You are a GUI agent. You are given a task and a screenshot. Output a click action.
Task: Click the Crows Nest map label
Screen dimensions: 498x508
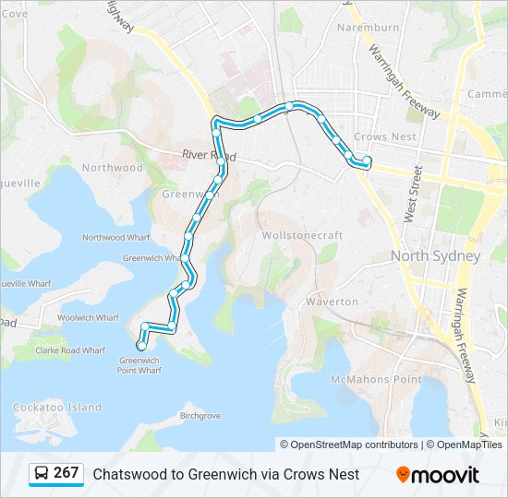pyautogui.click(x=383, y=136)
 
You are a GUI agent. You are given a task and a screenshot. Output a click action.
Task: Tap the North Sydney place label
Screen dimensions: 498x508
pyautogui.click(x=435, y=255)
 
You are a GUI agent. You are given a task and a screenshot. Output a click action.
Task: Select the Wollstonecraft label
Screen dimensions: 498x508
pyautogui.click(x=302, y=235)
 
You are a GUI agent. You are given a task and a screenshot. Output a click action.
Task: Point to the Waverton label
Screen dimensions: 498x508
pyautogui.click(x=332, y=302)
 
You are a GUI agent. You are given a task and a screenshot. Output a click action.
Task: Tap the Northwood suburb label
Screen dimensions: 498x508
pyautogui.click(x=113, y=168)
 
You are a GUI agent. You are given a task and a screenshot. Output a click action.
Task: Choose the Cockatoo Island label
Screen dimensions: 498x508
pyautogui.click(x=57, y=407)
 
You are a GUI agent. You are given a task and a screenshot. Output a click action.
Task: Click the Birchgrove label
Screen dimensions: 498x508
pyautogui.click(x=200, y=416)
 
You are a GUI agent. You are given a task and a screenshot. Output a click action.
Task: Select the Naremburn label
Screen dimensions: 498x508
pyautogui.click(x=368, y=28)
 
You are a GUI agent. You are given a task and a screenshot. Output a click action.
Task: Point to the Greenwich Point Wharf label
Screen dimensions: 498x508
pyautogui.click(x=139, y=365)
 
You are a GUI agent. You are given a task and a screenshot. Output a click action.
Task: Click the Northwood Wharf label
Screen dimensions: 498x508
pyautogui.click(x=115, y=237)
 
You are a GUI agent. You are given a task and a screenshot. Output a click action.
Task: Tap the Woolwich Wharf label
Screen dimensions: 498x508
pyautogui.click(x=88, y=317)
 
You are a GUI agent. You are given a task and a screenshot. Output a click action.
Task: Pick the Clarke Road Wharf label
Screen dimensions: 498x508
pyautogui.click(x=70, y=350)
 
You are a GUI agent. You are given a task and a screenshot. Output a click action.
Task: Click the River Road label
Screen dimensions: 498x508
pyautogui.click(x=204, y=155)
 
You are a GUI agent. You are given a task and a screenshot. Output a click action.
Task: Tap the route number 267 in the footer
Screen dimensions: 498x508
pyautogui.click(x=67, y=473)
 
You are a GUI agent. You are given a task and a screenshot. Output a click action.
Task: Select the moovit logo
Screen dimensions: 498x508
pyautogui.click(x=438, y=475)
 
